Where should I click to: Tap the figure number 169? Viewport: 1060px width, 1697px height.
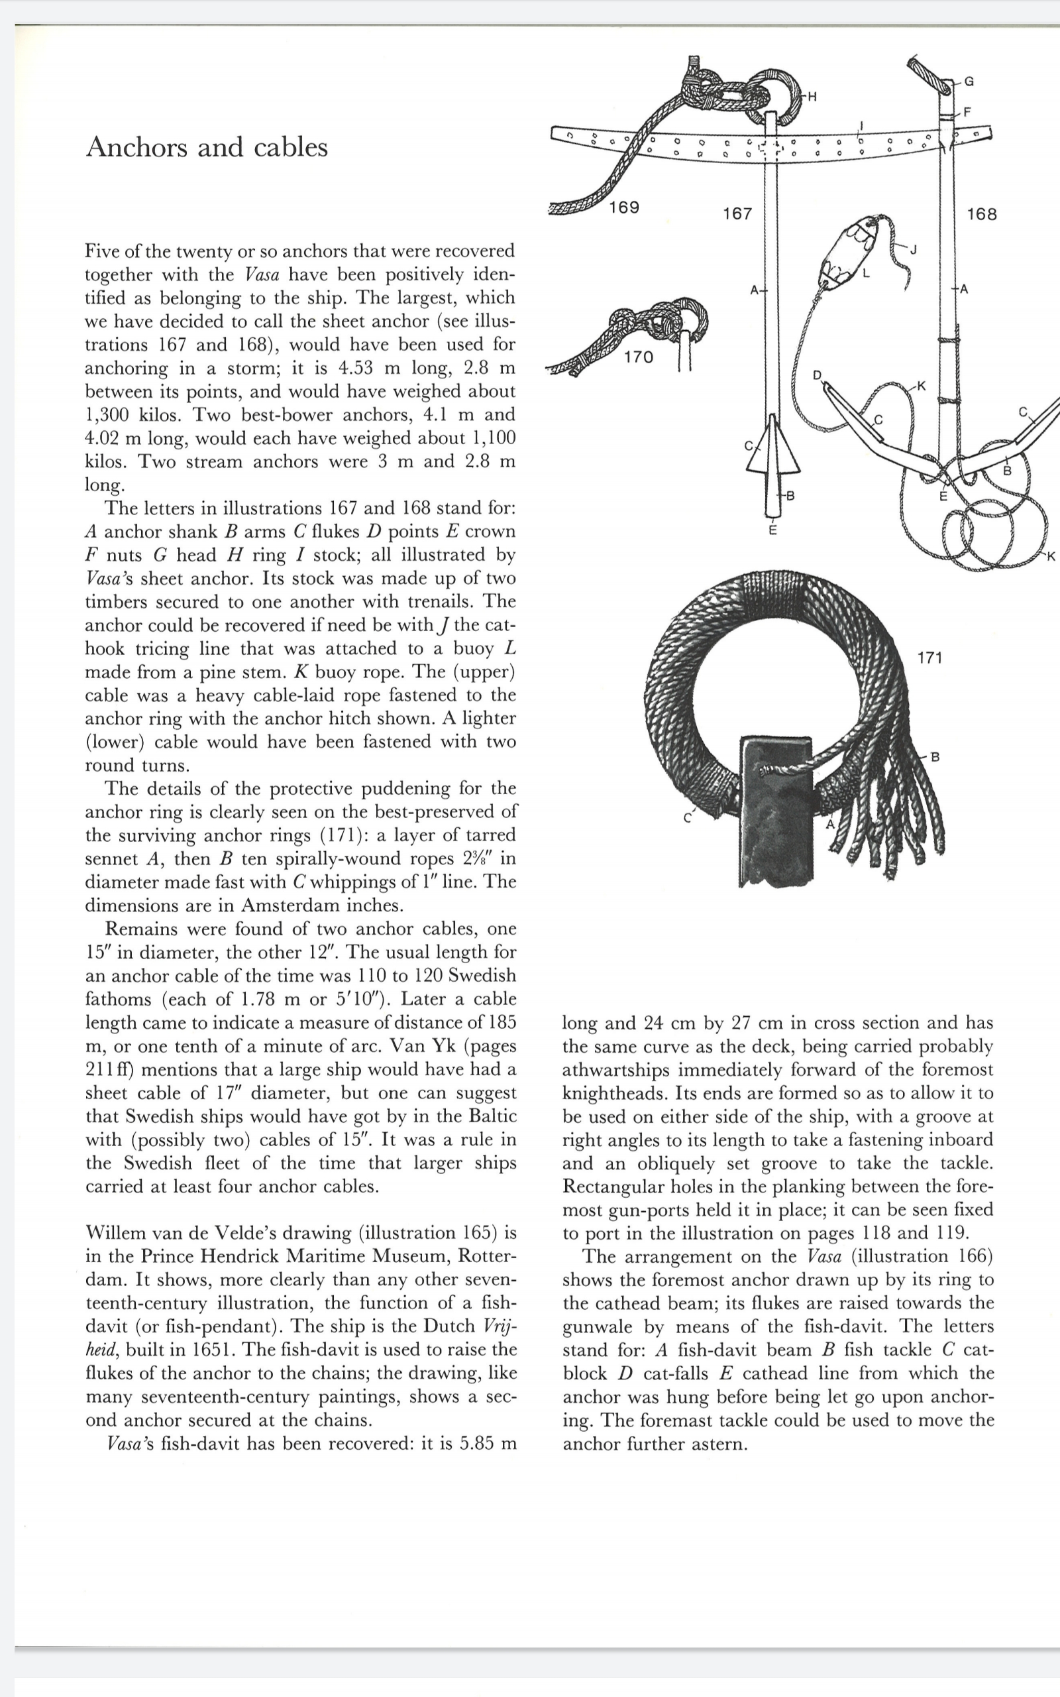[x=624, y=207]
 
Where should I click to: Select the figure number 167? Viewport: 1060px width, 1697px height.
[x=737, y=214]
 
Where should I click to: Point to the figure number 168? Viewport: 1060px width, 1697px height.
[x=980, y=215]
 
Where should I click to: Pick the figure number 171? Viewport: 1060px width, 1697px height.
[x=929, y=658]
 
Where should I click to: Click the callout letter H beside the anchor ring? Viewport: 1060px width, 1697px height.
[x=812, y=97]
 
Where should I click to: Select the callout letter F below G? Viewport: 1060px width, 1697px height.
[x=967, y=111]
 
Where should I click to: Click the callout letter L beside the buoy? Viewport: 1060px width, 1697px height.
[x=867, y=274]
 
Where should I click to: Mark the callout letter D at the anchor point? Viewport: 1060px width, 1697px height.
[x=817, y=375]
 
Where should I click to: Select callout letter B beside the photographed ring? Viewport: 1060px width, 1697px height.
[x=935, y=757]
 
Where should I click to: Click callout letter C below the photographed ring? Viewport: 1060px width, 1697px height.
[x=688, y=817]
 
